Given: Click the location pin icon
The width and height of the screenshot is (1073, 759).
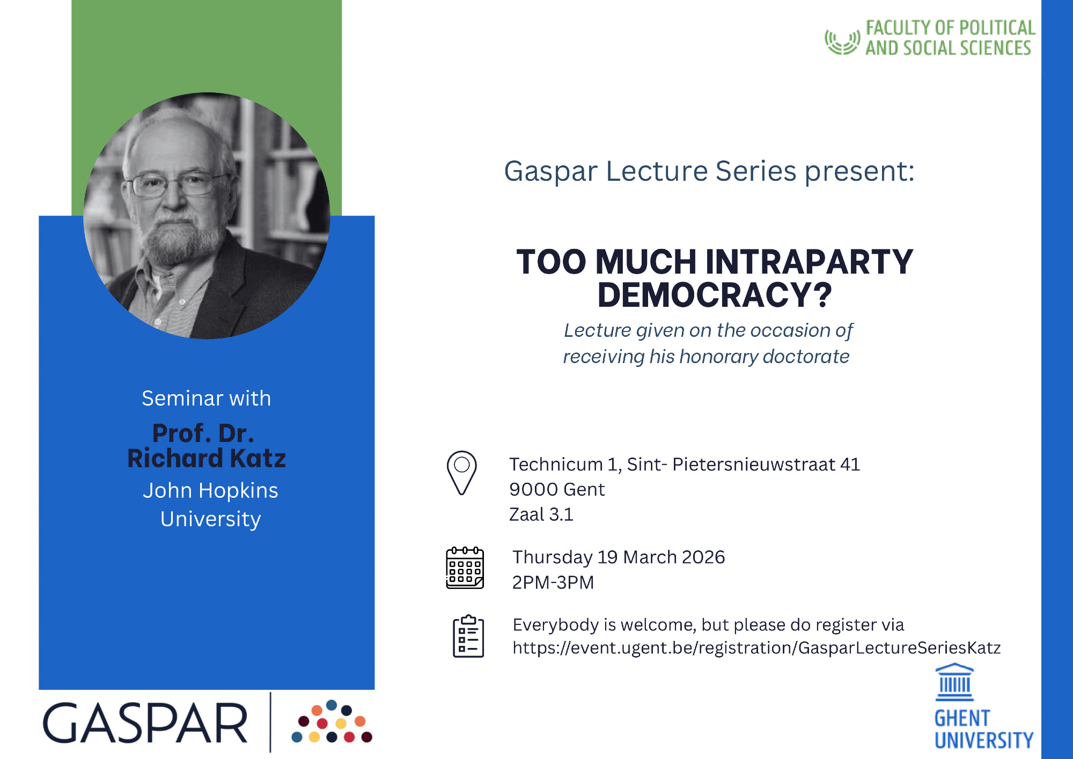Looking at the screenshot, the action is (461, 473).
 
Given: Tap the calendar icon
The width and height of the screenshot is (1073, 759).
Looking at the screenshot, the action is (465, 568).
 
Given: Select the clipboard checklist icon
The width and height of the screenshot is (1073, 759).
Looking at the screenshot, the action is (468, 636).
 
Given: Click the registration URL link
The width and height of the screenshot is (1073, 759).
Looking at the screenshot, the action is (756, 648).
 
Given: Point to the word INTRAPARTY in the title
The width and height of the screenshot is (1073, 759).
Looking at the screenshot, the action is (809, 262).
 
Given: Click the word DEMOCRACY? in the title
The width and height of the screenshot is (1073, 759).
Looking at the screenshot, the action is (715, 295).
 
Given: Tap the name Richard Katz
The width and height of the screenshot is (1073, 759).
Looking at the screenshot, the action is (207, 458).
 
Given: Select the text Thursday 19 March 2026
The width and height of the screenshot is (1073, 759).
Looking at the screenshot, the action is (619, 557).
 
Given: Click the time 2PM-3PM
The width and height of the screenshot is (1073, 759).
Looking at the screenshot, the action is (553, 582).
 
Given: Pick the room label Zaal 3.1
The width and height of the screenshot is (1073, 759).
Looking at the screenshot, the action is (541, 514).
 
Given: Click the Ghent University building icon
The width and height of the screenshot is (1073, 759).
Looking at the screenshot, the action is (954, 682).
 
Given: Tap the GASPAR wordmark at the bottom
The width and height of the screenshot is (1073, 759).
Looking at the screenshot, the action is (145, 723).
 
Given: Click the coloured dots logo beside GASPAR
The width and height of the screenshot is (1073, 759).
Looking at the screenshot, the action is (332, 721).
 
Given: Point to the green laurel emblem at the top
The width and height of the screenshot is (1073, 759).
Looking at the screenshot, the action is (842, 42).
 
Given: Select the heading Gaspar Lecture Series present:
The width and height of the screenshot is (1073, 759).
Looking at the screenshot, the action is (709, 172).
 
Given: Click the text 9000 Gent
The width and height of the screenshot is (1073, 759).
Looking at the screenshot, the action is (557, 489).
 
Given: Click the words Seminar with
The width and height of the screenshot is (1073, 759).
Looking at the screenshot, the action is (207, 399).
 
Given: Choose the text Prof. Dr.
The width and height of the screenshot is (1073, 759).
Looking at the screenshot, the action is (203, 433).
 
